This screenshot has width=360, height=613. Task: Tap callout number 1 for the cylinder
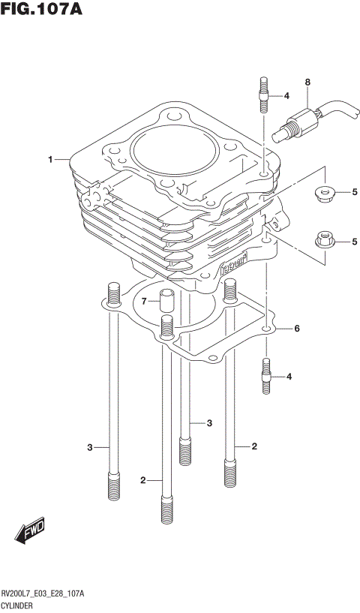coord(50,159)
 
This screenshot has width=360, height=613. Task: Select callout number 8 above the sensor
coord(307,81)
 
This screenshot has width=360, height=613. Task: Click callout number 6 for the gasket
coord(296,329)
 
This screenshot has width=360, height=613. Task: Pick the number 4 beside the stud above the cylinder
coord(286,96)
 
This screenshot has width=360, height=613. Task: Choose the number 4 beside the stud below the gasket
coord(289,376)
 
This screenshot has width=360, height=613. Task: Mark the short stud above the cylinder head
coord(265,95)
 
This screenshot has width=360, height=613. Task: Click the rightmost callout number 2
coord(254,446)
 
